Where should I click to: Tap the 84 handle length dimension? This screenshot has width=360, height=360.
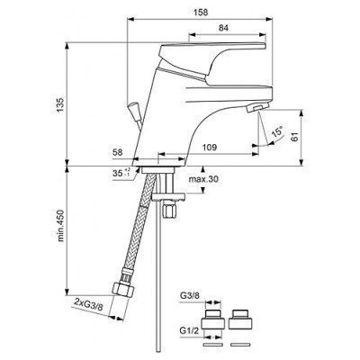pyautogui.click(x=223, y=28)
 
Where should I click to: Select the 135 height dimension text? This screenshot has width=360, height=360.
pyautogui.click(x=60, y=104)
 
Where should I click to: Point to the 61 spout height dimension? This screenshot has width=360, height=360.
pyautogui.click(x=296, y=137)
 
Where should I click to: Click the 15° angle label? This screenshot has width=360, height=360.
pyautogui.click(x=277, y=132)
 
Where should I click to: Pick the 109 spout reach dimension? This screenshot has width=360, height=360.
pyautogui.click(x=209, y=148)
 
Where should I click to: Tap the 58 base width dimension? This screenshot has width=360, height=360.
pyautogui.click(x=118, y=152)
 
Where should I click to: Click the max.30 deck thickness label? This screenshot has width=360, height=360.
pyautogui.click(x=203, y=179)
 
